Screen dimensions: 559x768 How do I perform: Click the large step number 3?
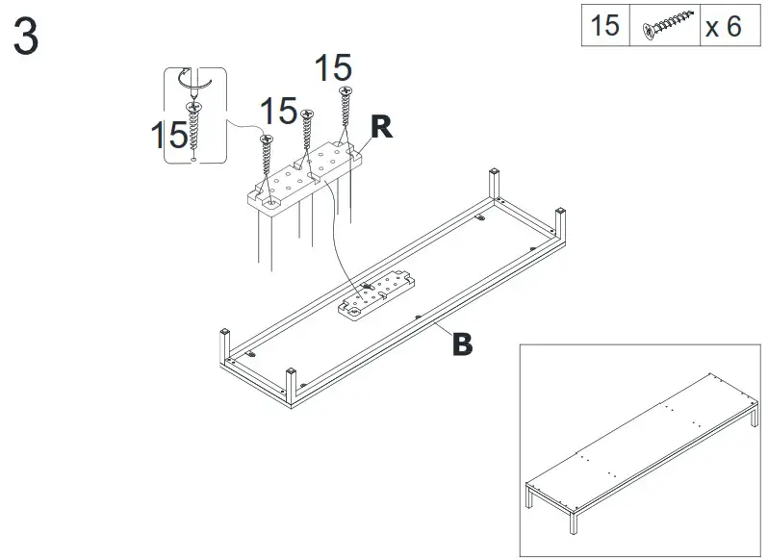coord(27,38)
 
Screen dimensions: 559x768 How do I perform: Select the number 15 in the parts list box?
coord(604,25)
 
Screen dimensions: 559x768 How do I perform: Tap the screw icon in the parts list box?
coord(665,26)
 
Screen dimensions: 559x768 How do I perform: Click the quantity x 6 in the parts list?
coord(724,26)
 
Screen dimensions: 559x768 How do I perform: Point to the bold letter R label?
coord(382,128)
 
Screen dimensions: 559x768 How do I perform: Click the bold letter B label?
coord(463,343)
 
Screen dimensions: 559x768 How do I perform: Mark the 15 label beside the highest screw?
coord(333,68)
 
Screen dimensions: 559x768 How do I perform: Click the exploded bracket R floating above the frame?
coord(303,177)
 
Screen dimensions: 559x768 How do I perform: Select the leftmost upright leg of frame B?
coord(224,345)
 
